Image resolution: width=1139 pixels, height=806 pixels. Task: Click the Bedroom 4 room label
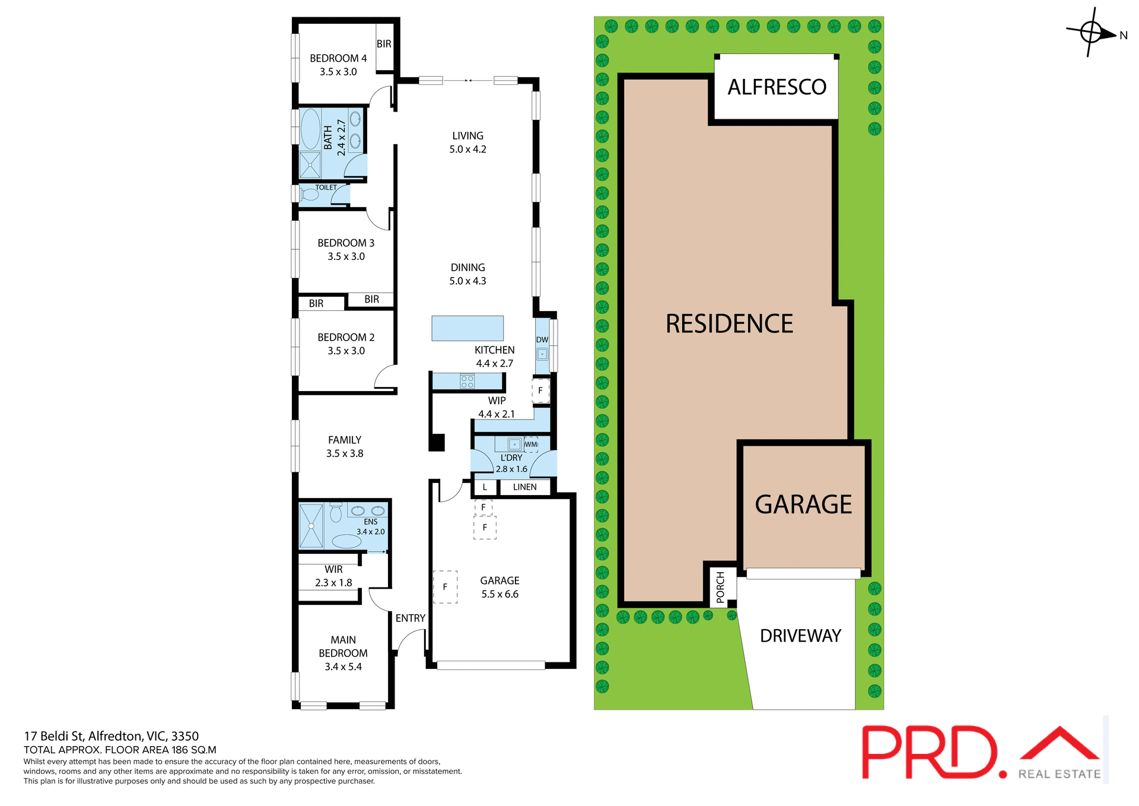click(338, 58)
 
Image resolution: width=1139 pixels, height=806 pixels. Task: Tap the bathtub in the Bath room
click(310, 129)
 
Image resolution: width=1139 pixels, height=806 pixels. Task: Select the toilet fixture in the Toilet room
click(310, 195)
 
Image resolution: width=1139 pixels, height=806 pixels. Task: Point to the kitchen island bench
click(467, 328)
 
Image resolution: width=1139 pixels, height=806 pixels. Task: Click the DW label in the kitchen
click(542, 340)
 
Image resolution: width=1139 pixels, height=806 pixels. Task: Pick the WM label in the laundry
click(531, 444)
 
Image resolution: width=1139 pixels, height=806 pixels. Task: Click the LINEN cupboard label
click(524, 487)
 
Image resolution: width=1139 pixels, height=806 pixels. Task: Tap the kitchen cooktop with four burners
click(467, 381)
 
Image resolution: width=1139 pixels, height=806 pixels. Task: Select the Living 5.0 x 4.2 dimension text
click(467, 150)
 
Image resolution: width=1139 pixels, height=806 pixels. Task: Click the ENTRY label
click(411, 618)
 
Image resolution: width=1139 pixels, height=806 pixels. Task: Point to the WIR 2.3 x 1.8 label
click(333, 576)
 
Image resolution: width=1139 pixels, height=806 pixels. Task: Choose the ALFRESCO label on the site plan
click(777, 87)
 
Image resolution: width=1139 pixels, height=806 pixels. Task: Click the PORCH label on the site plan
click(720, 587)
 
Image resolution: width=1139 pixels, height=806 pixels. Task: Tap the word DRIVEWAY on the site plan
click(800, 636)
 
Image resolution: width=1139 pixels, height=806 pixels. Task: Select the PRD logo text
click(930, 752)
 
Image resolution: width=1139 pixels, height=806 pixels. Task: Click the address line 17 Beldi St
click(112, 737)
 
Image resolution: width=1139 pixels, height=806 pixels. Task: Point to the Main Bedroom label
click(343, 653)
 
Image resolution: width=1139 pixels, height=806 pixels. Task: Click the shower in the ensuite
click(311, 526)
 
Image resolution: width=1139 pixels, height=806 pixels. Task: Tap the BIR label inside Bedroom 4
click(384, 44)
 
